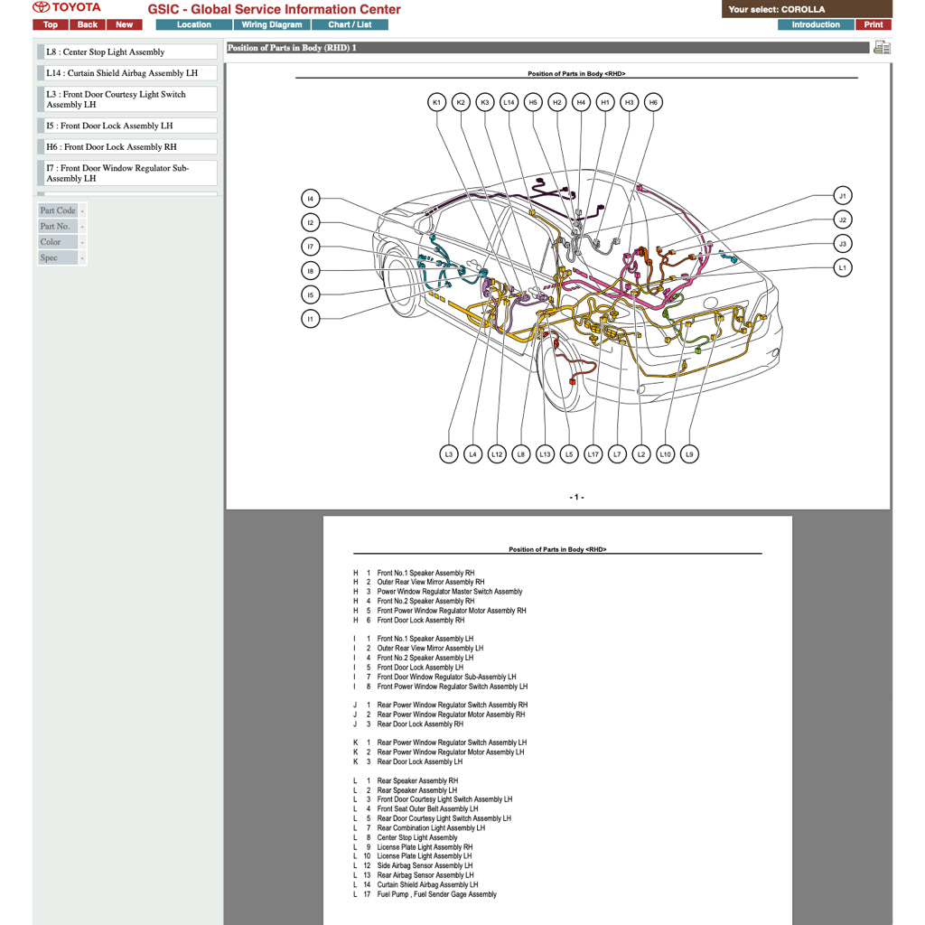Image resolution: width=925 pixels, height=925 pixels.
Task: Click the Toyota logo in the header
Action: [67, 8]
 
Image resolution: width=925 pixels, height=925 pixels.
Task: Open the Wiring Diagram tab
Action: [271, 24]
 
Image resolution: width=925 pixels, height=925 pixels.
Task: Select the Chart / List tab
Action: [350, 24]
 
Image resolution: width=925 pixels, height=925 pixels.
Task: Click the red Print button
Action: [873, 24]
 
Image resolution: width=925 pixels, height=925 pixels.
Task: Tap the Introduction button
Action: [815, 24]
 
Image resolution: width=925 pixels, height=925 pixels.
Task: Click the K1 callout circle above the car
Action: [436, 103]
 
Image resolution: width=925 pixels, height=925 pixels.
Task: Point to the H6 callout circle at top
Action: [653, 103]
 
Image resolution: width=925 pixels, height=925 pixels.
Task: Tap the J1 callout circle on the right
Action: [842, 196]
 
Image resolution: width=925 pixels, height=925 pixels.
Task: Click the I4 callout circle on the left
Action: [310, 199]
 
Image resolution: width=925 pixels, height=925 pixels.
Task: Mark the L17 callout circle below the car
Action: [593, 454]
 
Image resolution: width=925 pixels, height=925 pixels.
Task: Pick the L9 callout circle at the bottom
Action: [689, 454]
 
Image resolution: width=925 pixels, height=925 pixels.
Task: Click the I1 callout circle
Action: [310, 318]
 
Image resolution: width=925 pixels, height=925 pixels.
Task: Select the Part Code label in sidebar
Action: [58, 210]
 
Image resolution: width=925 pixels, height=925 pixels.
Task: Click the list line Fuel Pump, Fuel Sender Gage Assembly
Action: [436, 894]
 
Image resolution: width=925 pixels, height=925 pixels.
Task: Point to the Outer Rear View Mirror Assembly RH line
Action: [430, 583]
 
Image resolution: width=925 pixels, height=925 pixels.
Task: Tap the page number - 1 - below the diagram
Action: [576, 498]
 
